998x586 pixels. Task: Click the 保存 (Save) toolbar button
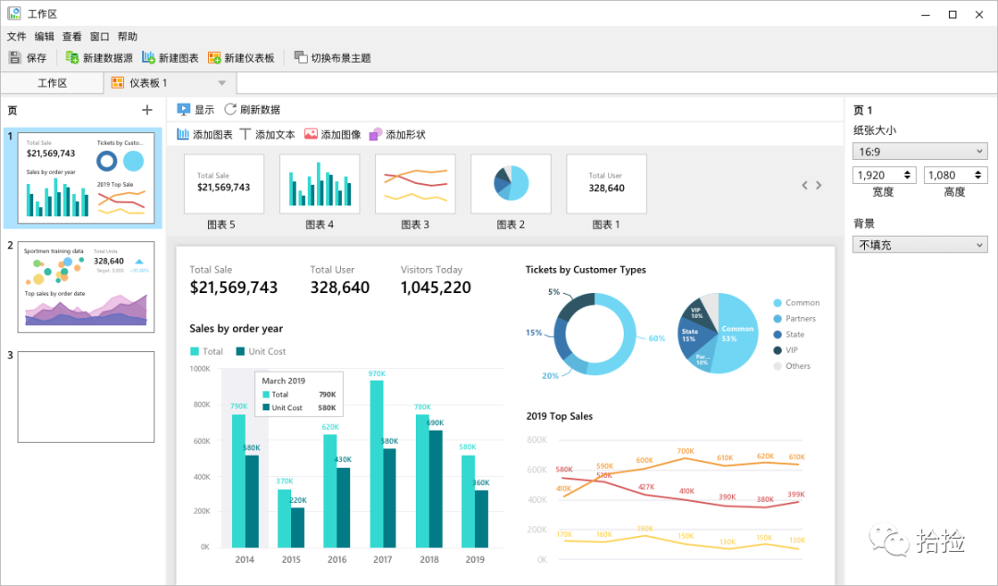[28, 57]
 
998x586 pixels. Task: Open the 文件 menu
[17, 37]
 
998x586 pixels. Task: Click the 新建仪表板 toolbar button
[241, 57]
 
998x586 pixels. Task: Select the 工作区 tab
[52, 83]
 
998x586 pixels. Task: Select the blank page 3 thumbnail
[86, 397]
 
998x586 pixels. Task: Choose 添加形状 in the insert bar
[397, 134]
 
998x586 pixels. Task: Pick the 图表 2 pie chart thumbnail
[510, 184]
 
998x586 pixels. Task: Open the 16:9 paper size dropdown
[919, 151]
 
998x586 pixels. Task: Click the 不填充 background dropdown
[919, 245]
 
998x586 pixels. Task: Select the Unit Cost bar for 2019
[481, 519]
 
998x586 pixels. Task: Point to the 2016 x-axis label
[337, 559]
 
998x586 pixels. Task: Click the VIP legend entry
[791, 350]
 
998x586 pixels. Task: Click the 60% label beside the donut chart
[656, 338]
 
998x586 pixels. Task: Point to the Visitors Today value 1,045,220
[435, 287]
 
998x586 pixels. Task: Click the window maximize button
[953, 14]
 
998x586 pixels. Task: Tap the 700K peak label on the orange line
[685, 451]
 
